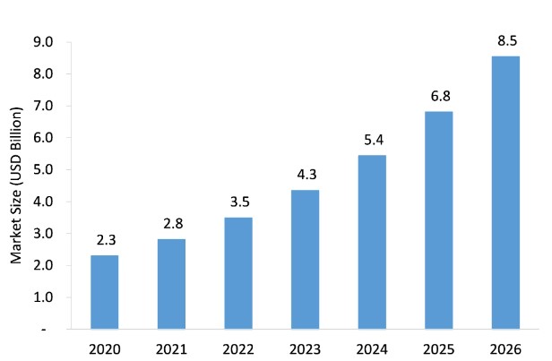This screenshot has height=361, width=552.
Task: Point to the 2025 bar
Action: click(x=440, y=220)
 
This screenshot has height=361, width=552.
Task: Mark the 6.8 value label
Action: click(x=440, y=95)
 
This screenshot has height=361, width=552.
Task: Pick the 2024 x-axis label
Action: click(x=373, y=348)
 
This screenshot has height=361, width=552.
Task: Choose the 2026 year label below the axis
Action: click(x=506, y=348)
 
